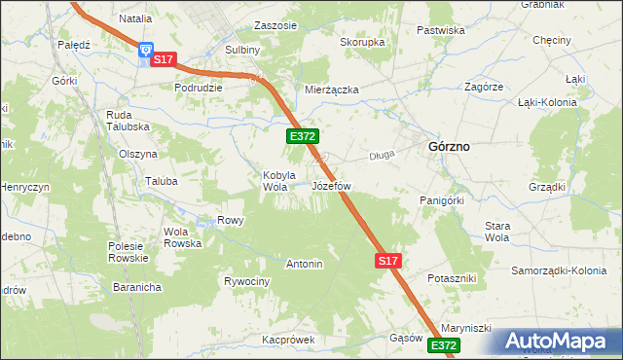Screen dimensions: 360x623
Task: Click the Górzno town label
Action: (x=449, y=146)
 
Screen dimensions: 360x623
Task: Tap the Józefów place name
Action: (x=331, y=185)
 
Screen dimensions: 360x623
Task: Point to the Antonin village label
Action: (x=304, y=264)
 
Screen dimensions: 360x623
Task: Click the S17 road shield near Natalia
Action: (x=163, y=60)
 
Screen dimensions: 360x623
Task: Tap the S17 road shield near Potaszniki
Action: (x=387, y=261)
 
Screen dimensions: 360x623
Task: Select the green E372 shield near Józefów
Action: (x=300, y=138)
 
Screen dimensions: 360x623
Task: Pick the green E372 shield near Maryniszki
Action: (x=443, y=345)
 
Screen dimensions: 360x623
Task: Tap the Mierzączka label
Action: (x=332, y=90)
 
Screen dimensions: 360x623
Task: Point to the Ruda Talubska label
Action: (x=127, y=121)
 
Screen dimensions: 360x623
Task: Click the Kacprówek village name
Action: (x=289, y=341)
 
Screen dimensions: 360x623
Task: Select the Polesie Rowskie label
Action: (x=128, y=252)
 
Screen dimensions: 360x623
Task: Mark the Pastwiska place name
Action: (x=440, y=30)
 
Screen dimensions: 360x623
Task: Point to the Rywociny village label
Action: (x=246, y=281)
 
